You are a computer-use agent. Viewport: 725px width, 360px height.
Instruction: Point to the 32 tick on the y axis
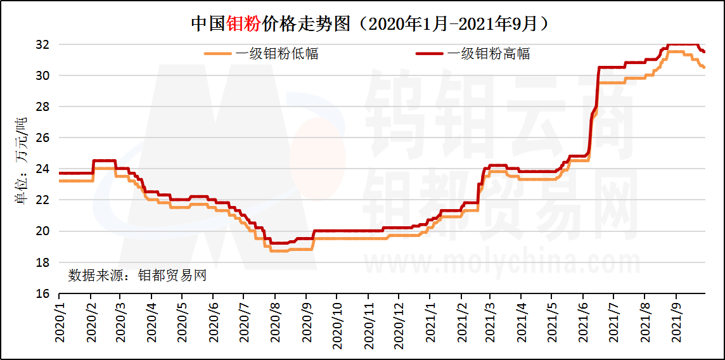point(42,45)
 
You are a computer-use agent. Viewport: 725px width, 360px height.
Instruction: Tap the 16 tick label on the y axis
point(42,293)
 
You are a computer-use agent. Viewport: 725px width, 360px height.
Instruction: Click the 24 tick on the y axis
point(42,169)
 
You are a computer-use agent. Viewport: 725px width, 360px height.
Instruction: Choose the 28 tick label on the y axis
point(42,106)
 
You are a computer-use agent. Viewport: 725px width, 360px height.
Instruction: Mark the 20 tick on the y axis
point(42,231)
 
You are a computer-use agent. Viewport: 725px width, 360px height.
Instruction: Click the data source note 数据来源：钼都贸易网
point(137,276)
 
